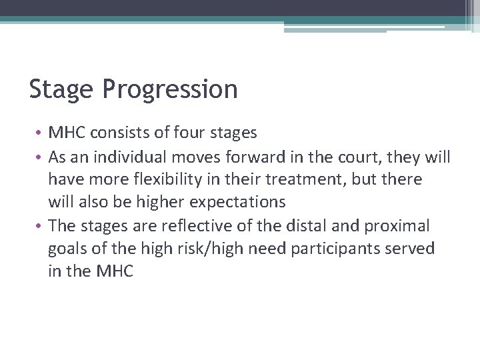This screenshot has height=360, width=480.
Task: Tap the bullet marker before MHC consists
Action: coord(41,133)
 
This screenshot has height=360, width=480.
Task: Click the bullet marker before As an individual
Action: coord(41,157)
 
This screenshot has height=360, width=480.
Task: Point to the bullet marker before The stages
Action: coord(41,226)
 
